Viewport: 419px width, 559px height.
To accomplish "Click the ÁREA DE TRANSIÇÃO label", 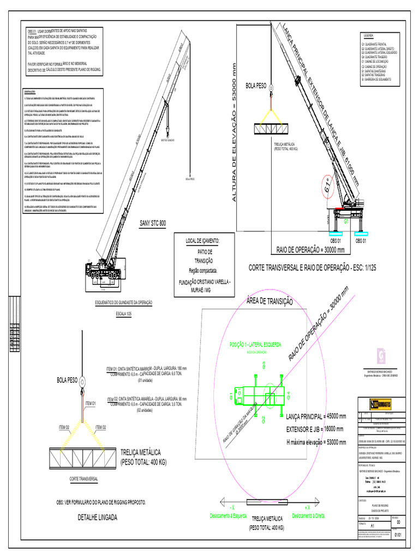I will point(270,301).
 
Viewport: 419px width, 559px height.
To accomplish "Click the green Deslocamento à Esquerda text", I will point(229,515).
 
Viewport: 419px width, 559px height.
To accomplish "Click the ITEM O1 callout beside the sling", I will point(90,403).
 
